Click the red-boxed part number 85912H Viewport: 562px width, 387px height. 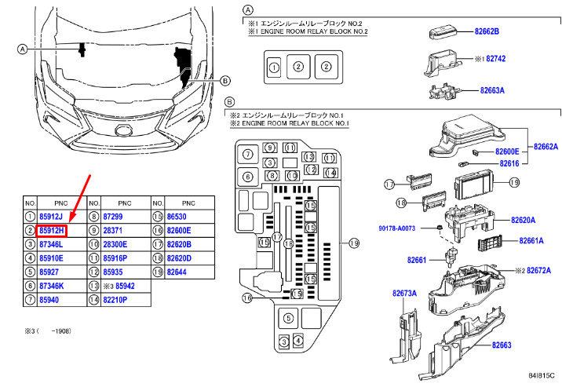point(52,230)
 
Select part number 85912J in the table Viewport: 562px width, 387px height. point(52,216)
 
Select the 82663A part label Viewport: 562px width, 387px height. point(492,90)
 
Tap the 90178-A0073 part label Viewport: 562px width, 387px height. point(409,228)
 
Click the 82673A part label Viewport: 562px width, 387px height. point(405,294)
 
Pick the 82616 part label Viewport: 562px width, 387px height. point(510,163)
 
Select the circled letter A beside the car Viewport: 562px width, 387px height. point(23,49)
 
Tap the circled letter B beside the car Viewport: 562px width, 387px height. point(225,80)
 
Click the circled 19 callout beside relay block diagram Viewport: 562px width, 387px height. point(353,243)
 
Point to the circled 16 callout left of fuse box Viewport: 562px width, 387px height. point(246,298)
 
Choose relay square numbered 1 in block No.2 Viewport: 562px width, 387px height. point(274,68)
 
